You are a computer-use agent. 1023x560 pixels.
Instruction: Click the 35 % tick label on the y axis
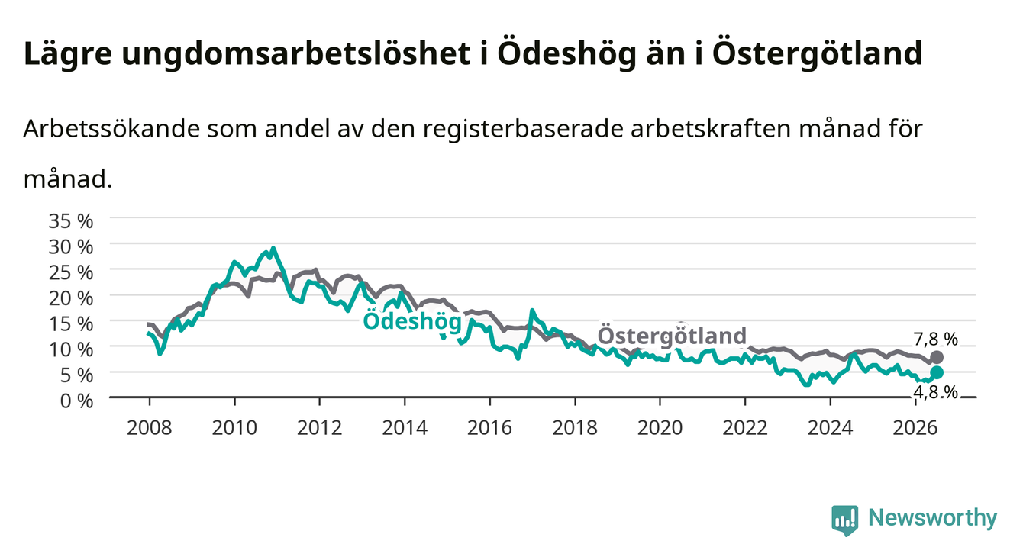point(71,221)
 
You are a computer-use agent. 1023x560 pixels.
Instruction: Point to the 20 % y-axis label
point(71,298)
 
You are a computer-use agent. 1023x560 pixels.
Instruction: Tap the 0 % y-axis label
point(76,401)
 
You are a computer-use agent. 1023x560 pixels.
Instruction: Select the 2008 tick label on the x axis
point(150,428)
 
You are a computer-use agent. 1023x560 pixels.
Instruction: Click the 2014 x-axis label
point(405,428)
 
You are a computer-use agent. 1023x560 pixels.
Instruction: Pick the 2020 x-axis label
point(660,428)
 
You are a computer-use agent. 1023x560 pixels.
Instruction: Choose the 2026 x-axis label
point(915,428)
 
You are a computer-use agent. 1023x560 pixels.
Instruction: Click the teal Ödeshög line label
point(412,321)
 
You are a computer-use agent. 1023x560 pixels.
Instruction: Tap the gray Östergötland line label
point(672,336)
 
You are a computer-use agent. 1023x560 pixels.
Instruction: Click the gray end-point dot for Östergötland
point(937,357)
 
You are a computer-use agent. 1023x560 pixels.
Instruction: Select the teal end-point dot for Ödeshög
point(937,372)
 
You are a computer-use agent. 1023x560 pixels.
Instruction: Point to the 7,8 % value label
point(936,340)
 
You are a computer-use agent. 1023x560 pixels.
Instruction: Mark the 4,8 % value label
point(936,392)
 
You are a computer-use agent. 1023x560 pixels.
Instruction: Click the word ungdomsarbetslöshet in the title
point(296,54)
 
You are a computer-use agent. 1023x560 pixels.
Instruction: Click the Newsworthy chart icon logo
point(845,520)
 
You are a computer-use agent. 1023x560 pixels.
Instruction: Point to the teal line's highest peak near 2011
point(273,248)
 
